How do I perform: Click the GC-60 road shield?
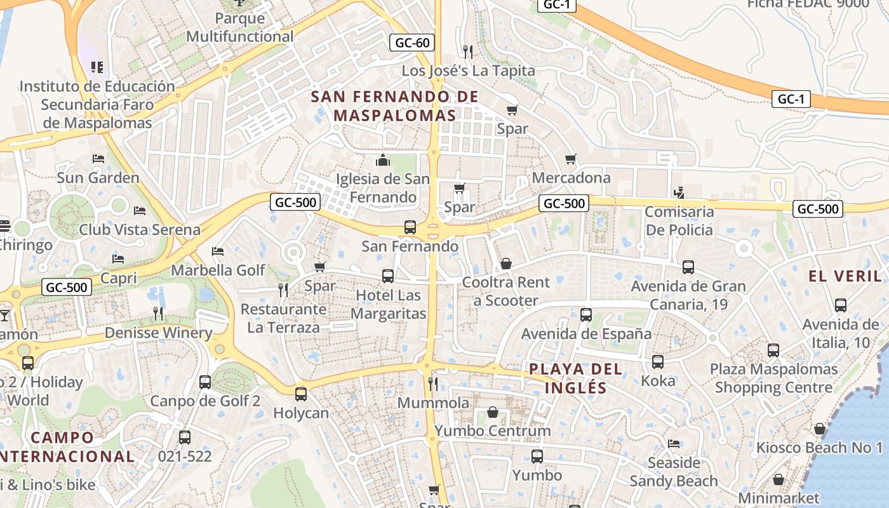click(x=412, y=43)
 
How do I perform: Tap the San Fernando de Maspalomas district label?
click(x=395, y=106)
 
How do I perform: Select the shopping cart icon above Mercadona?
click(x=571, y=159)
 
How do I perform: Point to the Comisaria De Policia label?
click(x=679, y=220)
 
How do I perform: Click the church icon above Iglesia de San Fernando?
click(x=382, y=160)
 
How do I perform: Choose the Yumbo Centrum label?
click(x=493, y=431)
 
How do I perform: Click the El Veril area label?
click(x=845, y=276)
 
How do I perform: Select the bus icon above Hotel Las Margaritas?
click(x=388, y=276)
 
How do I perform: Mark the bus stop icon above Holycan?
click(x=301, y=394)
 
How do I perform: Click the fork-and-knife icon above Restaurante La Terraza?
click(x=283, y=290)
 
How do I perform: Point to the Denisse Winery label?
click(x=158, y=333)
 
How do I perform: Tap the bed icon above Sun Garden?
click(x=98, y=159)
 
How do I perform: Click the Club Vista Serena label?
click(x=140, y=230)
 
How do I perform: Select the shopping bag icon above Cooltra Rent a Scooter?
click(x=506, y=264)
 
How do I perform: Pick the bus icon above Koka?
click(x=658, y=362)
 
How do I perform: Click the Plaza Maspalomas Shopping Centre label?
click(x=773, y=378)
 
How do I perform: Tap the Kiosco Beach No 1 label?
click(x=819, y=448)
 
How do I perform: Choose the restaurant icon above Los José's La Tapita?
click(x=468, y=51)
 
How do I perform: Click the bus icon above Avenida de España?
click(x=586, y=315)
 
